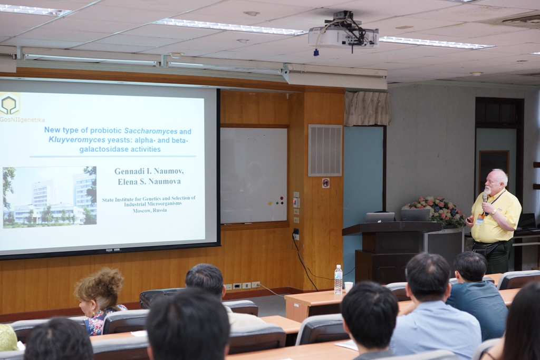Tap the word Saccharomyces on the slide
151,131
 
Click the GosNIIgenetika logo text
22,120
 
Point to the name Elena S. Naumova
149,182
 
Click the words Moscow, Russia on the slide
150,210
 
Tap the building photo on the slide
50,197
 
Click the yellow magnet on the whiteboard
269,203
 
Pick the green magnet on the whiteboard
276,203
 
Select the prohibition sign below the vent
325,183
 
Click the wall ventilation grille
325,150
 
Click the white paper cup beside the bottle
349,287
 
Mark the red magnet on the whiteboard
282,198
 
